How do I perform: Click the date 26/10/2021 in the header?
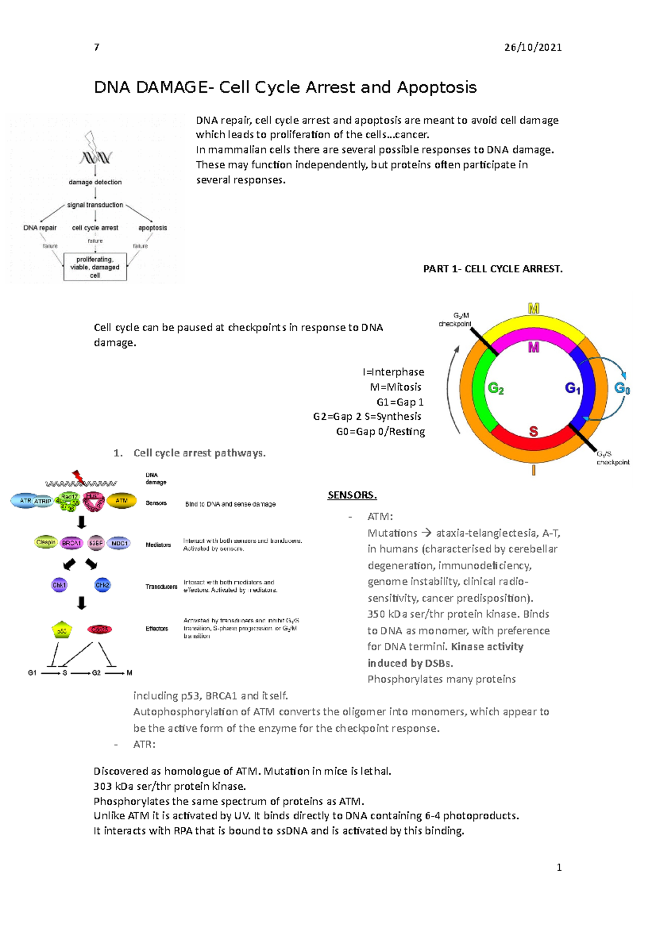tap(532, 48)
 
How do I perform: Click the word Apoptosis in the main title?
tap(437, 87)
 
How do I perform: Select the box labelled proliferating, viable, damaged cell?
tap(95, 267)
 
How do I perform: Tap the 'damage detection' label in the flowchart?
tap(95, 182)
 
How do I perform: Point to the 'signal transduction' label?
tap(95, 205)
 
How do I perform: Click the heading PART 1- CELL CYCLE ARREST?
tap(493, 269)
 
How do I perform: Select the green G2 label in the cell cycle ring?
tap(496, 389)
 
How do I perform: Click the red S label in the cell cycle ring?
tap(534, 432)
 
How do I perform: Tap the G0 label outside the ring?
tap(622, 389)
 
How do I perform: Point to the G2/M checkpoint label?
tap(455, 320)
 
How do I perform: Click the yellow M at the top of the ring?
tap(534, 309)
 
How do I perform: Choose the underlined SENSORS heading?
tap(352, 495)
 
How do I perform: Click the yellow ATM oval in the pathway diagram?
tap(121, 501)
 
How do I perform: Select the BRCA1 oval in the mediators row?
tap(72, 543)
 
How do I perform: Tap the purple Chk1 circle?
tap(59, 585)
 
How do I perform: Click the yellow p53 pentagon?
tap(62, 630)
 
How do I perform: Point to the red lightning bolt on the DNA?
tap(79, 477)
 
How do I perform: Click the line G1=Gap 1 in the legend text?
tap(400, 402)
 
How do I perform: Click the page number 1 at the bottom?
tap(559, 867)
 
